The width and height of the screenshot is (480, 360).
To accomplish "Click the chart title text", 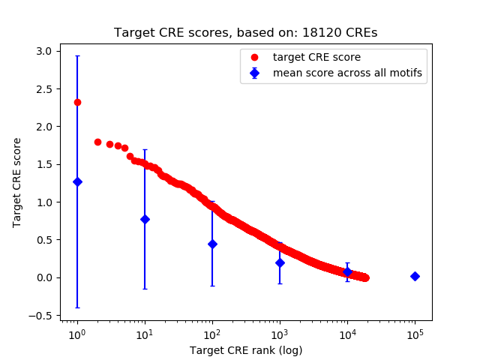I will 245,33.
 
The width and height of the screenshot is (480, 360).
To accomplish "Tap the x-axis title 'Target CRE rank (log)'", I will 245,349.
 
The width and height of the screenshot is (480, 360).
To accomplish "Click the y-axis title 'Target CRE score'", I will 17,182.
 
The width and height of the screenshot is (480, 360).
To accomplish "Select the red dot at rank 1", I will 77,102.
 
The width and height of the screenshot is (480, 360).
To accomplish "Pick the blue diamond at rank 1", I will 77,181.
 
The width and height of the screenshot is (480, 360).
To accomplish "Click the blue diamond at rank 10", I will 145,219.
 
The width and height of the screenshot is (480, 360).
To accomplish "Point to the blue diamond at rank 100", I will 212,244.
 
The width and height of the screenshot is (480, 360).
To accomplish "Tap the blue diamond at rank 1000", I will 280,262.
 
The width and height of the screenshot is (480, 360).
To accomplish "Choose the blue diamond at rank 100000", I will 415,276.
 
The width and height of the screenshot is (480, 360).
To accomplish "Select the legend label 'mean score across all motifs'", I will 346,73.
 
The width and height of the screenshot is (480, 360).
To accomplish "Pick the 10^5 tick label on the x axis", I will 415,334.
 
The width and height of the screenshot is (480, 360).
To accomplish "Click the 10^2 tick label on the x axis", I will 212,334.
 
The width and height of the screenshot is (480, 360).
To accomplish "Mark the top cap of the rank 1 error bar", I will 77,55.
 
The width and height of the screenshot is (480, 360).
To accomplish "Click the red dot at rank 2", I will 97,142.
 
